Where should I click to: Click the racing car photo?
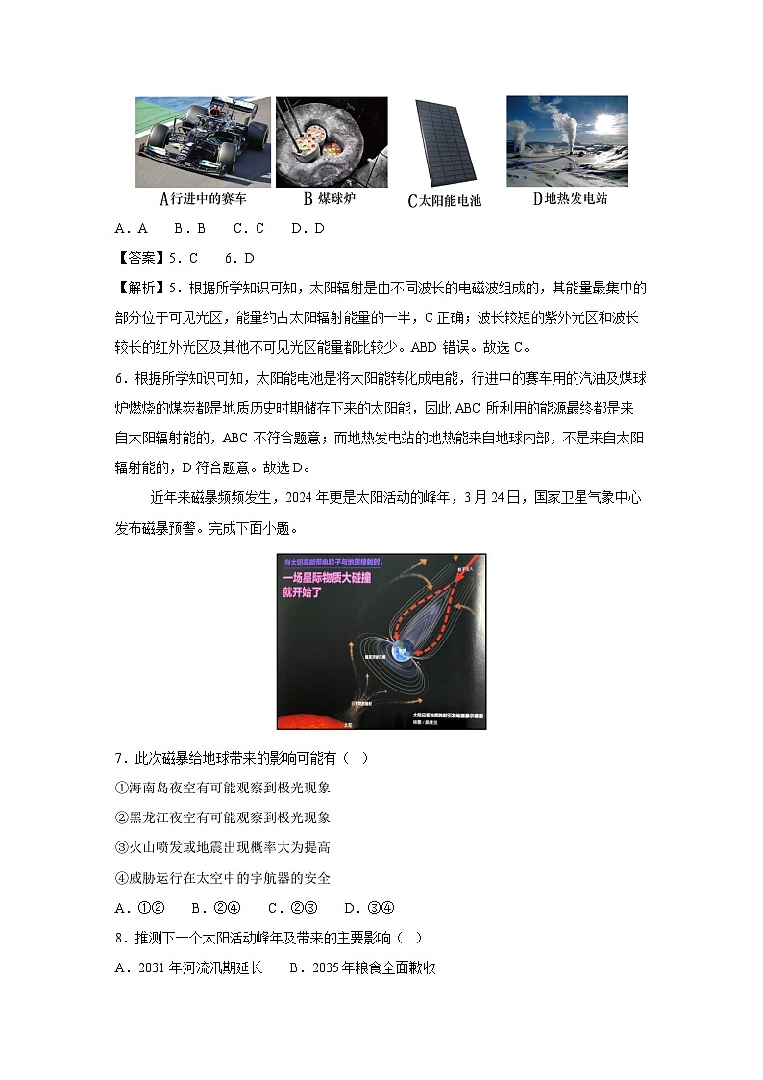coord(203,141)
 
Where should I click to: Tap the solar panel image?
coord(444,143)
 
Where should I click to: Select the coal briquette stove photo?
coord(332,141)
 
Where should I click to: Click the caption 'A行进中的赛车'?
coord(203,199)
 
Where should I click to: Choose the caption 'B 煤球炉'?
coord(332,199)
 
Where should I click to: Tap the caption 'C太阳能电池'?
coord(444,201)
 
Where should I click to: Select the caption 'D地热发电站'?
coord(570,199)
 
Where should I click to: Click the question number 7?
coord(119,758)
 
